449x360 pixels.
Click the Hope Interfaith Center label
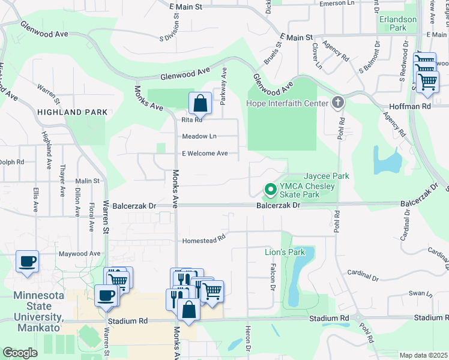(288, 103)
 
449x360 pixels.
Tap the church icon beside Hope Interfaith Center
(338, 103)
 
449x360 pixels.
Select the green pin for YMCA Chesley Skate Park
(270, 190)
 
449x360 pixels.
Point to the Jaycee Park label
(326, 176)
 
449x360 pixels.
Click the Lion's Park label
(285, 252)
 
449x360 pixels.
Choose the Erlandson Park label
(397, 23)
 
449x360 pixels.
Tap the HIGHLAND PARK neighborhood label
(72, 112)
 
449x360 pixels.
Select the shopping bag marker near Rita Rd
(200, 103)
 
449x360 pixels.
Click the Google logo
(20, 353)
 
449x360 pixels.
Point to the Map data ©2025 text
(423, 355)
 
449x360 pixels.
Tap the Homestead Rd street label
(203, 240)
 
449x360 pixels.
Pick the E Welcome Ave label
(205, 154)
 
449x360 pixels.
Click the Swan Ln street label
(420, 295)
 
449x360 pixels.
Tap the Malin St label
(87, 181)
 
